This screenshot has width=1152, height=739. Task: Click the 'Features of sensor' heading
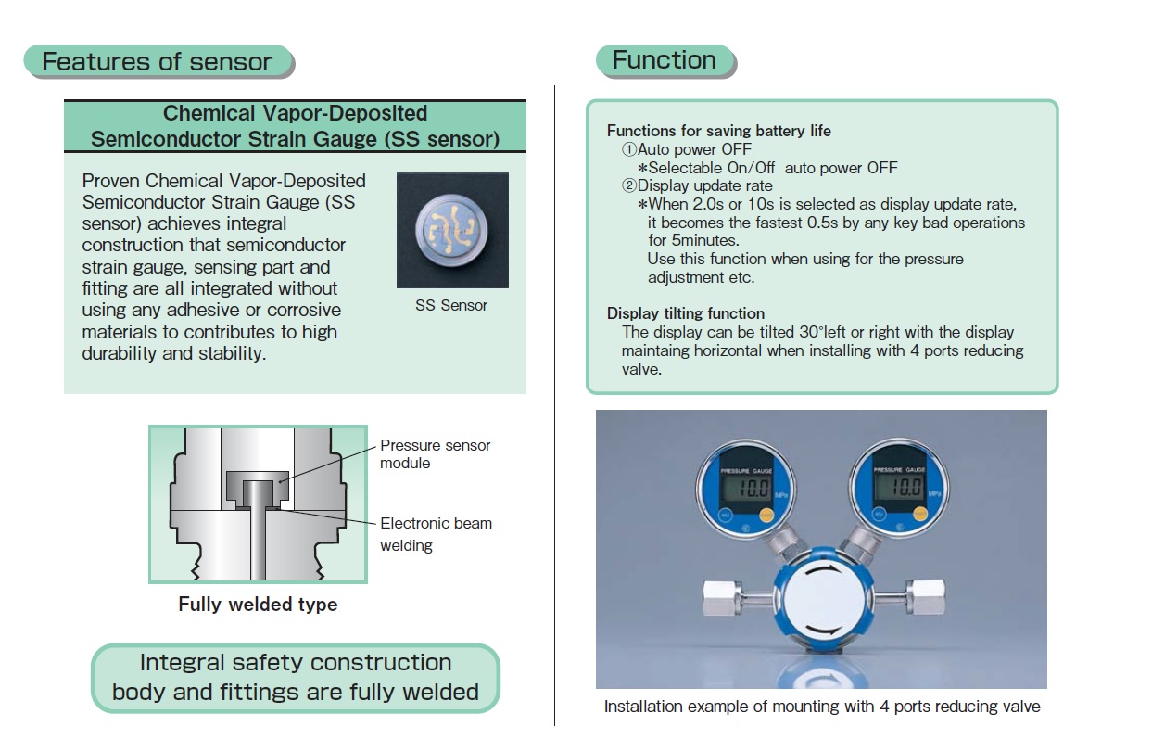[158, 62]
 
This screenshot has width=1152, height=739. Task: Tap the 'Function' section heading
[664, 61]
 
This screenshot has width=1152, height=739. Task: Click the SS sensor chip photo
[451, 229]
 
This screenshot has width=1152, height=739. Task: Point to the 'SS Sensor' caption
[451, 305]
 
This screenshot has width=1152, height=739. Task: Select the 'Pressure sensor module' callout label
[435, 454]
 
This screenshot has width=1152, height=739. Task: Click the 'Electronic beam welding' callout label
[436, 534]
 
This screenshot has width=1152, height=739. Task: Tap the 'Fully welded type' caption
[258, 605]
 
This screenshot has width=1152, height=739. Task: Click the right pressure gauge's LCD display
[898, 486]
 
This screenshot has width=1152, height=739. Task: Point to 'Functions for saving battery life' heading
[718, 131]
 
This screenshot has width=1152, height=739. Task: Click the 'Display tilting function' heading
[686, 313]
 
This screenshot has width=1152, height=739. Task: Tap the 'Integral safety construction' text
[296, 663]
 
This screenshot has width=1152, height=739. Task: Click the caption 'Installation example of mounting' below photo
[821, 707]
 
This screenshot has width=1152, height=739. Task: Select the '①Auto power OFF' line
[686, 149]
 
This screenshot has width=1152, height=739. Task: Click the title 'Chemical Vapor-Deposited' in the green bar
[295, 113]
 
